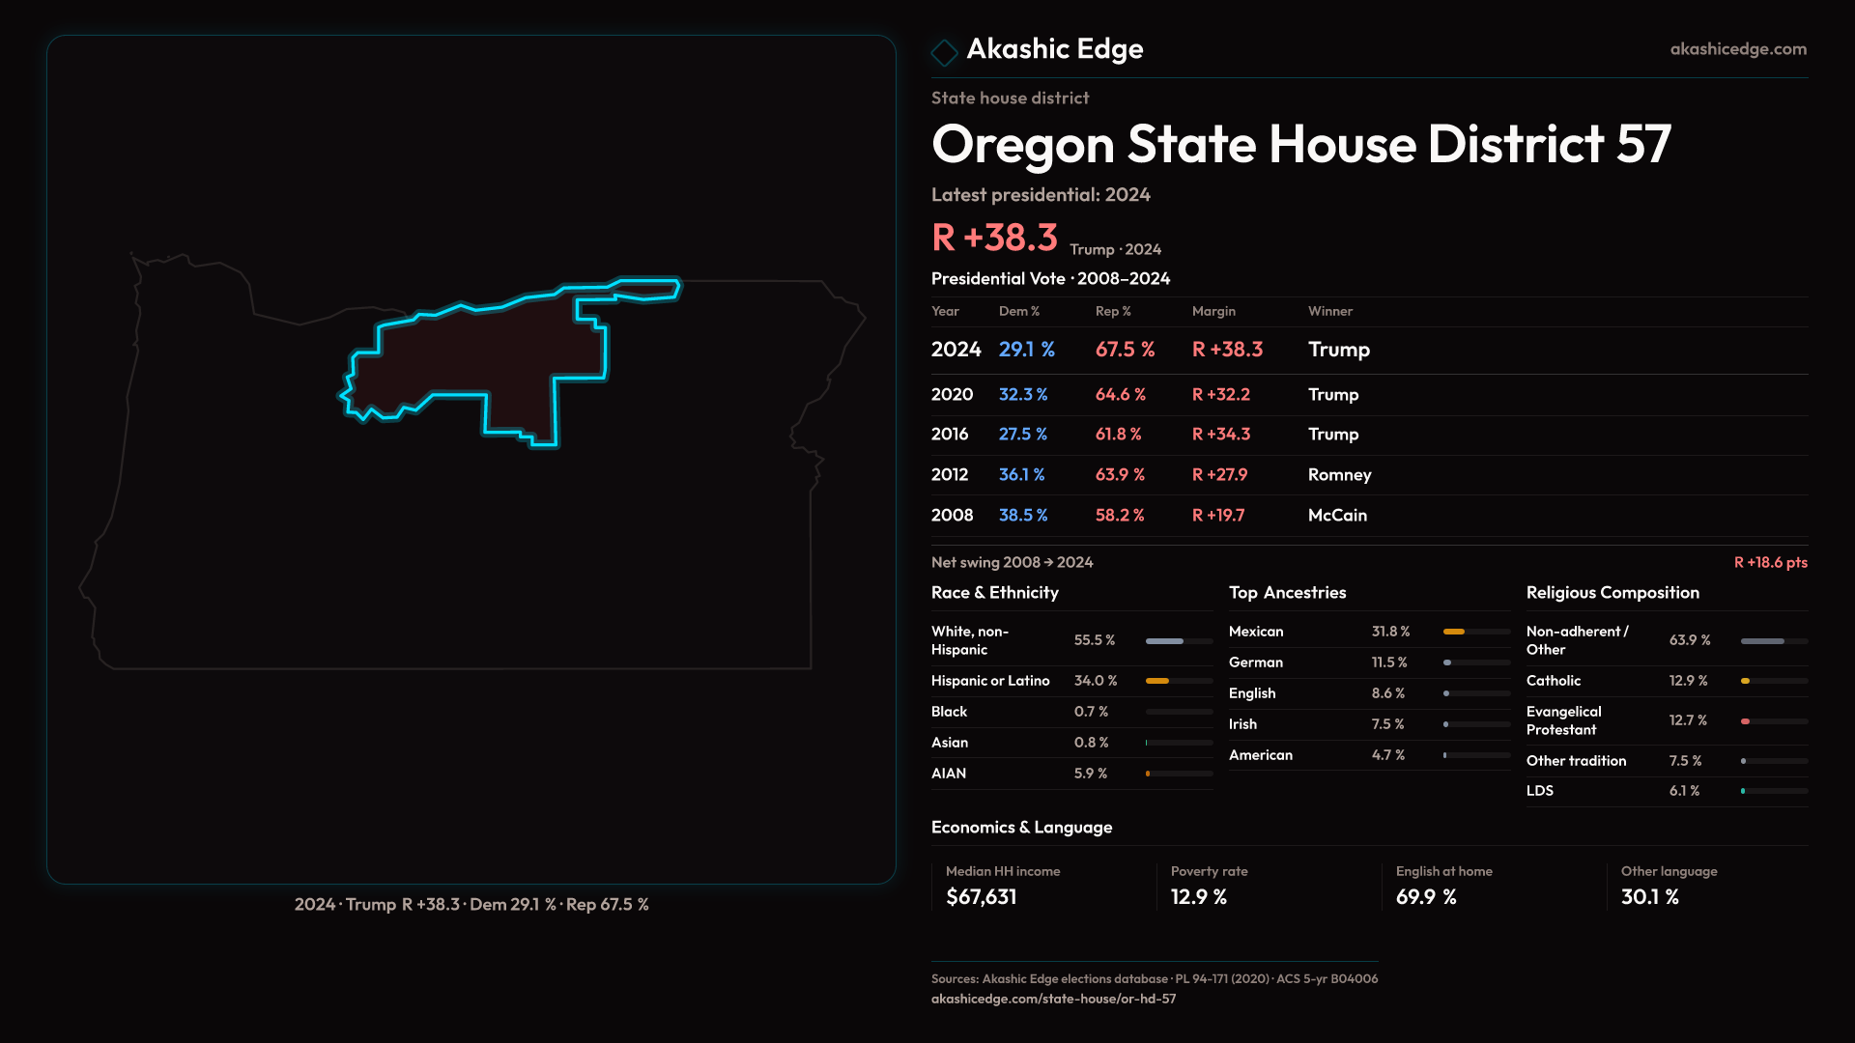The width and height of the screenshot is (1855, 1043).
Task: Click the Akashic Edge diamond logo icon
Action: pos(944,51)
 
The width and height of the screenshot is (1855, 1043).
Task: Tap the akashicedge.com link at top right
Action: pos(1737,49)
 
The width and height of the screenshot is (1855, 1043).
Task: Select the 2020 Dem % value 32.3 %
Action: pos(1022,394)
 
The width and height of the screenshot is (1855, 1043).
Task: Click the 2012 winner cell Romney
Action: pos(1339,474)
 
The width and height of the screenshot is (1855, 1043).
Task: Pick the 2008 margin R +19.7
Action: pos(1217,515)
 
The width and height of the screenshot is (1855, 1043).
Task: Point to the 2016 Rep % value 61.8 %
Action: pos(1118,435)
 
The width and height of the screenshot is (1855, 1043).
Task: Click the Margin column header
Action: pos(1213,311)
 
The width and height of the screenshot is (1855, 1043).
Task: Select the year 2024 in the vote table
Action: pos(956,350)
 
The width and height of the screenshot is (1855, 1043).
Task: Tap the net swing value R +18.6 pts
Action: pos(1770,562)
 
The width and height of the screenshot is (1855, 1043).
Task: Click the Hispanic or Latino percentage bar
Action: pos(1179,681)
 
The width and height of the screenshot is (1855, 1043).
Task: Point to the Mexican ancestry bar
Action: pos(1475,632)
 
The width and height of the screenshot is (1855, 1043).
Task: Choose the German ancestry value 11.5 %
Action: pos(1389,662)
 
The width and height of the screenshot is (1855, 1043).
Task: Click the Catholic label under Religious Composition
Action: pos(1553,681)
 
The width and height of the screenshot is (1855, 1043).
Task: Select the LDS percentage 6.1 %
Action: pos(1684,791)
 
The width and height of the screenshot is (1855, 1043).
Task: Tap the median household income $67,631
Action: pos(981,897)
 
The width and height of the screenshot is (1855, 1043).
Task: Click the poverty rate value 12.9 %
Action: pos(1198,897)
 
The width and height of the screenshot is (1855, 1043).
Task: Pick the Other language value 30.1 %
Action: pos(1649,897)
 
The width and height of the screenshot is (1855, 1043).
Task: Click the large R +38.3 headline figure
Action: pos(994,238)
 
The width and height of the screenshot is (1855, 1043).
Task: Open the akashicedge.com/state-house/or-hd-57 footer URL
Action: pos(1053,999)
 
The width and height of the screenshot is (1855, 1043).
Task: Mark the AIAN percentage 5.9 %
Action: pos(1090,774)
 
